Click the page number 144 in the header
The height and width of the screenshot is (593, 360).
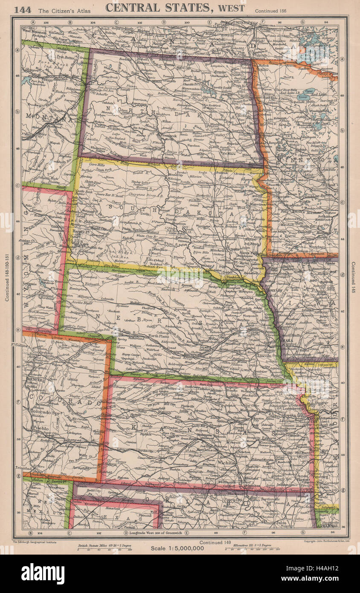pos(22,9)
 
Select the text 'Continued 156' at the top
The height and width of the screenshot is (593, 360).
pos(270,9)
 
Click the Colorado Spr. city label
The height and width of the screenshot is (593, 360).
pos(46,413)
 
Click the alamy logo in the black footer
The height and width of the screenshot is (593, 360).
pos(43,574)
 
